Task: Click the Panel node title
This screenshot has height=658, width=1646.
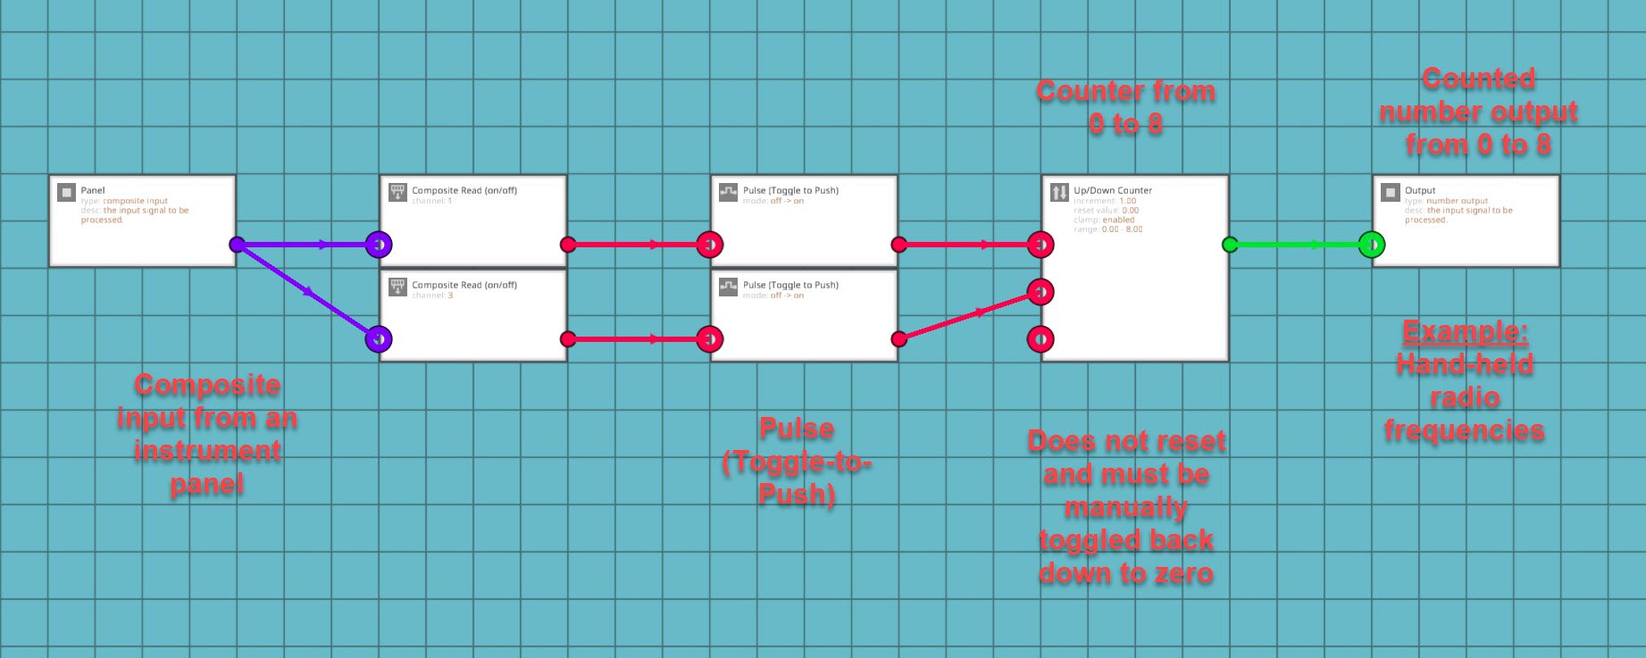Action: click(x=93, y=190)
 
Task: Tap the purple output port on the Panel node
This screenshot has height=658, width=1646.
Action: click(x=237, y=245)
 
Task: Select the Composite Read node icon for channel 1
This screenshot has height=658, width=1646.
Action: click(x=397, y=192)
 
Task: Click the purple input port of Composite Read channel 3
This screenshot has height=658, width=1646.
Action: click(x=379, y=339)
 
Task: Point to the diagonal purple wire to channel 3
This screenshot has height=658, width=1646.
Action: click(x=306, y=291)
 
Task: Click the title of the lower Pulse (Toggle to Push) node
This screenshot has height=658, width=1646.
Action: click(x=790, y=286)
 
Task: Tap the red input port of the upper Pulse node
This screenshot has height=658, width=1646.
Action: click(x=710, y=245)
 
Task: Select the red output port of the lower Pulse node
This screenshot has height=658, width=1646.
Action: click(x=899, y=339)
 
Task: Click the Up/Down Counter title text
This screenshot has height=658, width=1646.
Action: click(x=1113, y=190)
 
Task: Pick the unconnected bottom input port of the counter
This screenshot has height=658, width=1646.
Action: click(x=1040, y=339)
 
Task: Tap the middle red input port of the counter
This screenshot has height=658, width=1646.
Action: click(x=1040, y=292)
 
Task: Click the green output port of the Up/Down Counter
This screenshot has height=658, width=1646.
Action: click(x=1230, y=245)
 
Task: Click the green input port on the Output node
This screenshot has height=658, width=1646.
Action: click(x=1372, y=245)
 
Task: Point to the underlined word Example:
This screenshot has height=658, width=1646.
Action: click(x=1465, y=332)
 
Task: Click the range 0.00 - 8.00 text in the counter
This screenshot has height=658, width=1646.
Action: click(x=1108, y=229)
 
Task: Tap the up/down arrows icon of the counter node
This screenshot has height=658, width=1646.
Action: click(x=1059, y=192)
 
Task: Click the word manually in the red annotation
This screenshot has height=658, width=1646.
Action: click(x=1126, y=508)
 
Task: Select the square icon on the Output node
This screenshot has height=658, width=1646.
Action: click(x=1390, y=192)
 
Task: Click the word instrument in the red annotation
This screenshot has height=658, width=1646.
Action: click(x=207, y=452)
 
